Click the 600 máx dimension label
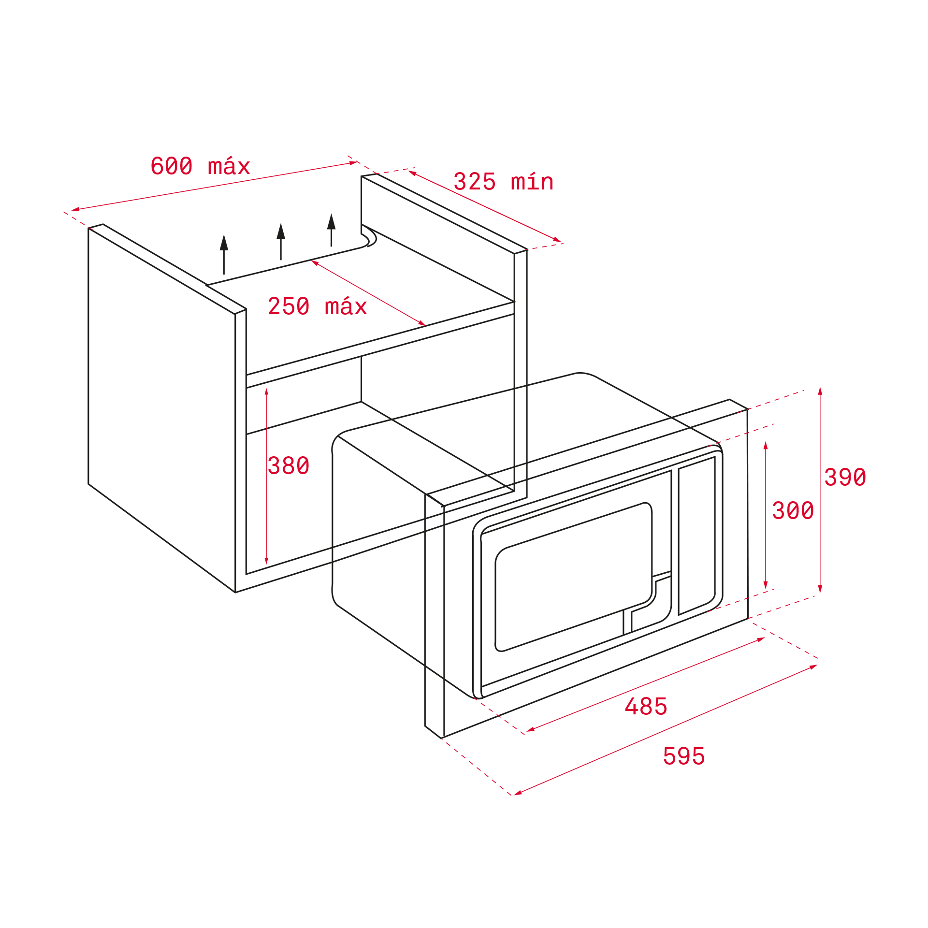(x=200, y=166)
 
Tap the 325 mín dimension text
(x=503, y=182)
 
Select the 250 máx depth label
(x=317, y=306)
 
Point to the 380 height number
(x=288, y=465)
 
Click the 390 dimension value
(x=845, y=477)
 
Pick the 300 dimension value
(x=793, y=510)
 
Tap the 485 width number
(x=646, y=707)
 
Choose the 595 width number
(x=684, y=756)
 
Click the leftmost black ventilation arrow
(x=224, y=254)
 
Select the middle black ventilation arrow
(x=281, y=241)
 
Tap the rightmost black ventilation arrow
(x=331, y=230)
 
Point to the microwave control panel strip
(x=697, y=536)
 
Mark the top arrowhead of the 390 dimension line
(x=820, y=391)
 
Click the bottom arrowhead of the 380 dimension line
(x=266, y=561)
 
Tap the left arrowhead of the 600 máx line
(x=75, y=210)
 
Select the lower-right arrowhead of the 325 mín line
(x=557, y=240)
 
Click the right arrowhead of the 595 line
(x=813, y=667)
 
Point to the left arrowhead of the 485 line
(x=530, y=729)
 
